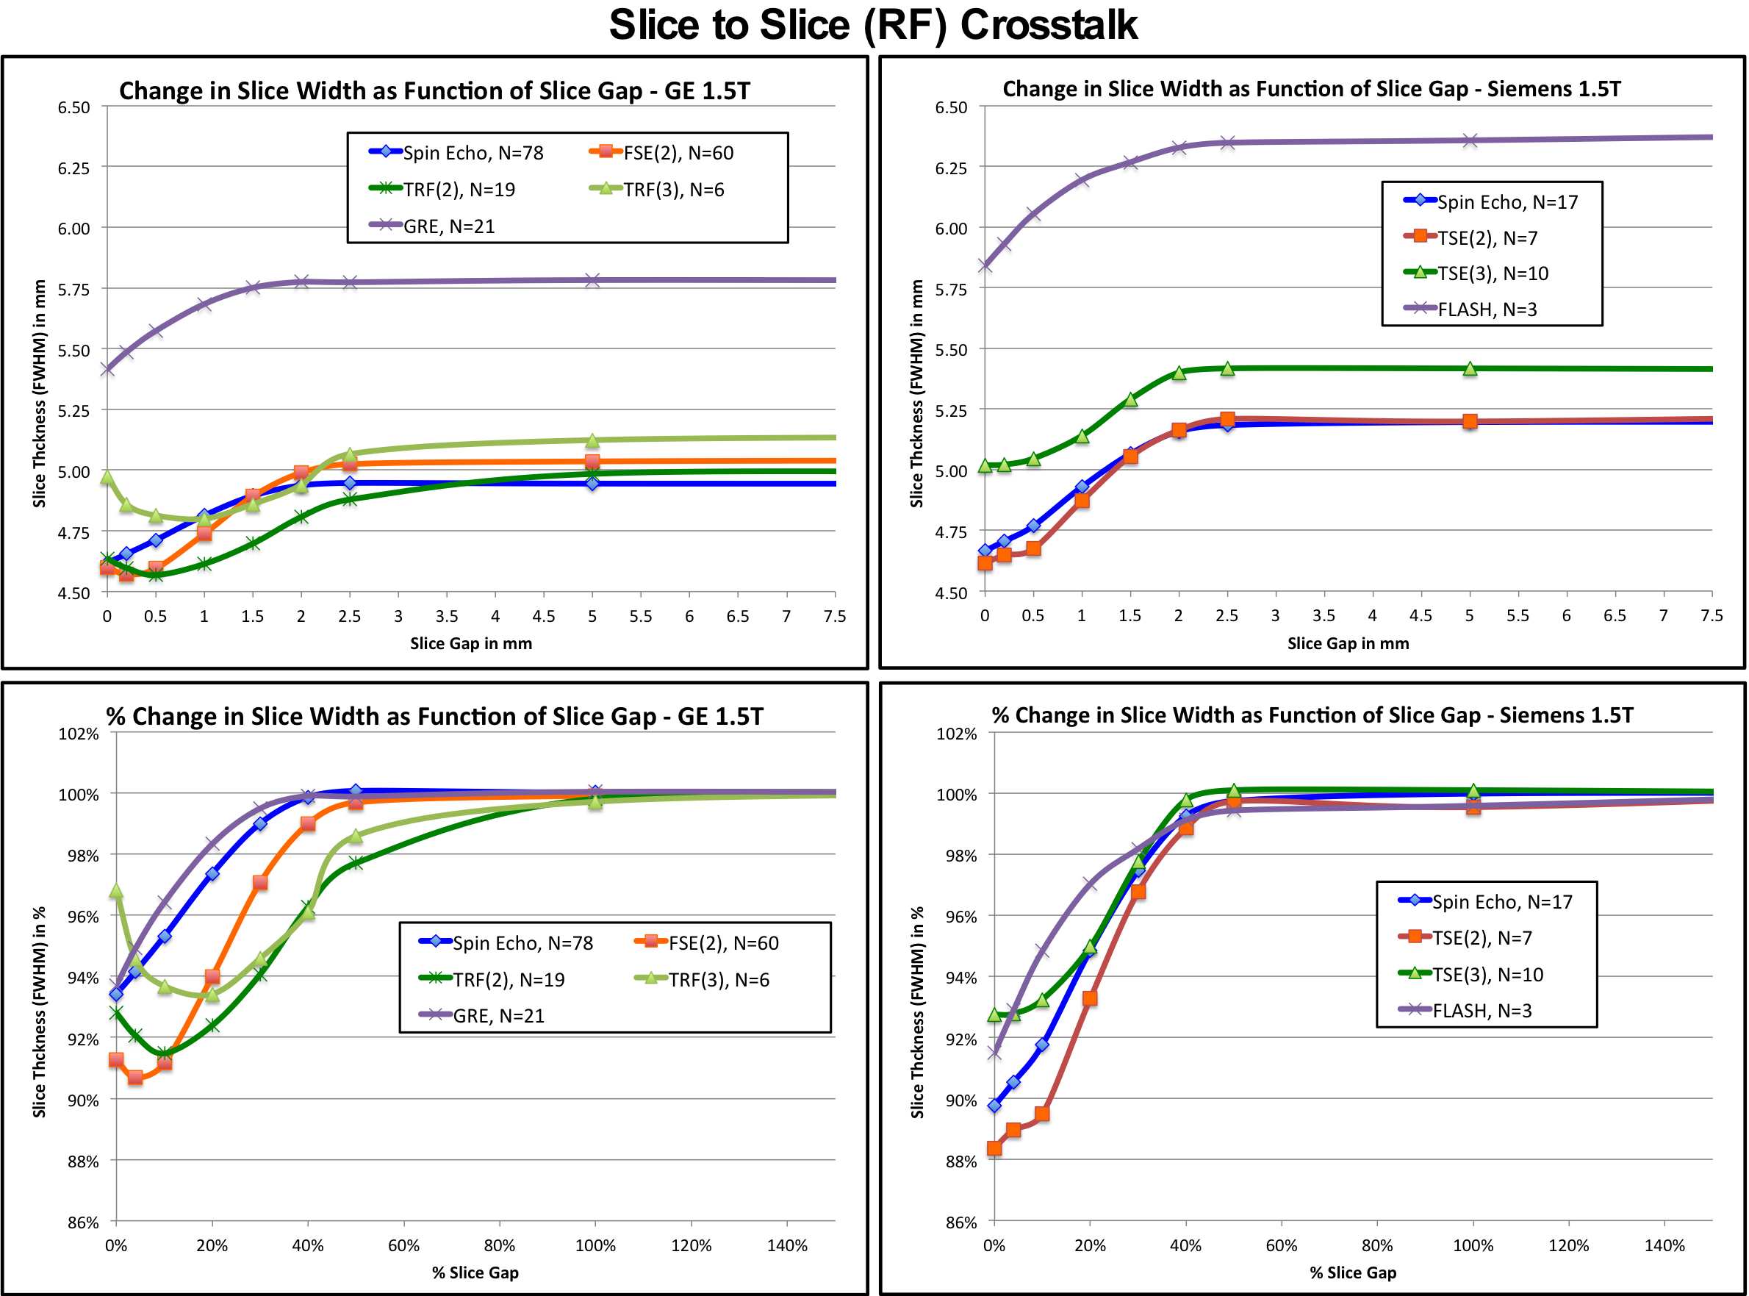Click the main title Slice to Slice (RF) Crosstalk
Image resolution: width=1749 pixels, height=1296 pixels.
click(873, 25)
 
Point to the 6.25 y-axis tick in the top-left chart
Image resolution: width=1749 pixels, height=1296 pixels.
click(73, 168)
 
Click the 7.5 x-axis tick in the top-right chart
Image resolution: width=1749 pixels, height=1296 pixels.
click(1712, 616)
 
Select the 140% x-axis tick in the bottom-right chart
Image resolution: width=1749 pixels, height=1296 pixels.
click(1664, 1246)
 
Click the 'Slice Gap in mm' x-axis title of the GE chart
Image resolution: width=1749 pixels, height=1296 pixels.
click(470, 644)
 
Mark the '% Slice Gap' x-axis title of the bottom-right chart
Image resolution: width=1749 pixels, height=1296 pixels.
click(1353, 1272)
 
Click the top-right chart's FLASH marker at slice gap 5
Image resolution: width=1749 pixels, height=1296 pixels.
click(1470, 140)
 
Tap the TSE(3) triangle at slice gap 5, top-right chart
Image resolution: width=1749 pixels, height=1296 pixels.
click(1470, 369)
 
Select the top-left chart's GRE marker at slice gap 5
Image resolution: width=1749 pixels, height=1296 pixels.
click(592, 280)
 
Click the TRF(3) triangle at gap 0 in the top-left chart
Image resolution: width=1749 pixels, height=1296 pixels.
click(107, 477)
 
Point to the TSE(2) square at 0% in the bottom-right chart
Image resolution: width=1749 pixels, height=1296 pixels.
click(994, 1148)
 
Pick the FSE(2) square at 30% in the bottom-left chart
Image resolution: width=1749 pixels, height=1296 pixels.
click(260, 883)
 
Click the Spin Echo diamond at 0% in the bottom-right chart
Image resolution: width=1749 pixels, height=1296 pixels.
click(994, 1106)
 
